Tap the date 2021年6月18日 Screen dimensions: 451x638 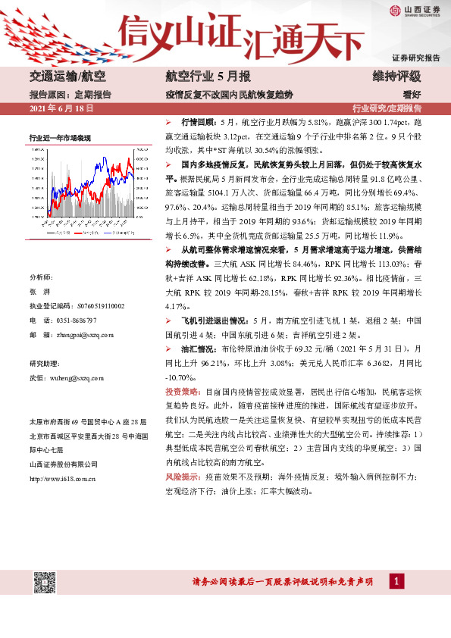point(61,108)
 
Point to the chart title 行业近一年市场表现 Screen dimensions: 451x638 point(60,138)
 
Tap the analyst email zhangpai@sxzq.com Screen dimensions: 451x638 point(81,334)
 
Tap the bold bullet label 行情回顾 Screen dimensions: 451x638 point(198,121)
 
